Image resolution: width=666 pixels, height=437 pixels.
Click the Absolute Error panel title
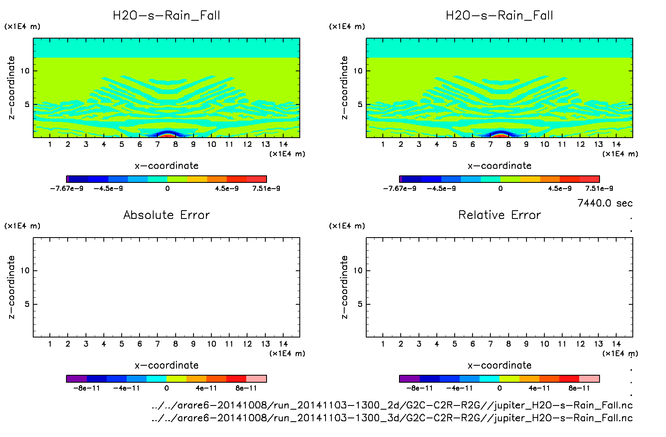tap(166, 215)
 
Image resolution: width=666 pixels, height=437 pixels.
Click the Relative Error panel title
tap(499, 215)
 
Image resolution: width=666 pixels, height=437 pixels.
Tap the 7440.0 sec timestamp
tap(605, 203)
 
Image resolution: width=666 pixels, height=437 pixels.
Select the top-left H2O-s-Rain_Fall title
tap(166, 16)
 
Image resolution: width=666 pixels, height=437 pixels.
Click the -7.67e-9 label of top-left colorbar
tap(67, 188)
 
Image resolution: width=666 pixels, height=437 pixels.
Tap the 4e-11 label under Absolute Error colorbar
tap(206, 388)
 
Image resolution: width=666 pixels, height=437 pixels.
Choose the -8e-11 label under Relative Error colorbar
tap(420, 388)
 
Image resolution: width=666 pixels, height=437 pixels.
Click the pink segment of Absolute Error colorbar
tap(256, 379)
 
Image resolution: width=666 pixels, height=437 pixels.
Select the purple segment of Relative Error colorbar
tap(409, 379)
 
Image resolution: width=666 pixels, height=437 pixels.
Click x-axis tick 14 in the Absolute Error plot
tap(283, 344)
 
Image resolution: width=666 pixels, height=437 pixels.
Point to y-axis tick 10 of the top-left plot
tap(25, 71)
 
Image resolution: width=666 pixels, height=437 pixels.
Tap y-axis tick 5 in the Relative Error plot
tap(360, 304)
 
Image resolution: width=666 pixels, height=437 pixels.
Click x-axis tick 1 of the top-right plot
tap(383, 144)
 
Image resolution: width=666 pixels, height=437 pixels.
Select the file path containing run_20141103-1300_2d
tap(392, 405)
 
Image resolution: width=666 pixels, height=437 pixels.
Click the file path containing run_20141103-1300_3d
tap(392, 418)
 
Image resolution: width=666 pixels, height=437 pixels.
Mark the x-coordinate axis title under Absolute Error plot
tap(166, 365)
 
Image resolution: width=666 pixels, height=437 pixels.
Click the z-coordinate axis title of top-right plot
tap(344, 88)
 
